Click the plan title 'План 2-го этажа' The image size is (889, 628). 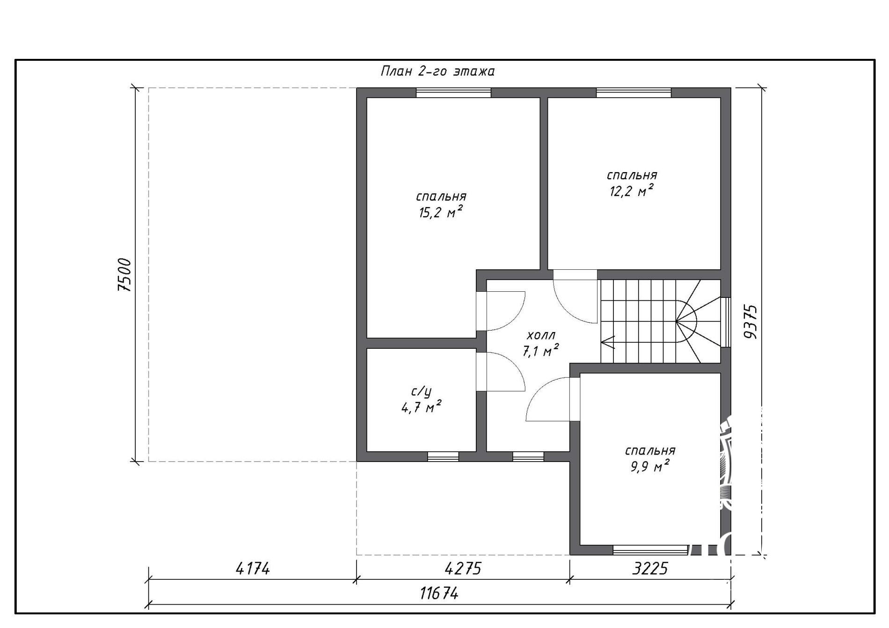[x=437, y=72]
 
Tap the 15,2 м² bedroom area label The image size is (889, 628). [x=441, y=213]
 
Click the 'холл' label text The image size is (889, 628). [x=541, y=335]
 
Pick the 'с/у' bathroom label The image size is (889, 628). [x=421, y=391]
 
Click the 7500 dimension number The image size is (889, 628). [x=124, y=275]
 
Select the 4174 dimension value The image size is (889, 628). [x=253, y=569]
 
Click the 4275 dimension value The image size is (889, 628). [x=463, y=569]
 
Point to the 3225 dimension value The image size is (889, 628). [x=650, y=569]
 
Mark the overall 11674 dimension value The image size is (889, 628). [x=439, y=593]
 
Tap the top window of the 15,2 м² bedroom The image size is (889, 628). [x=453, y=93]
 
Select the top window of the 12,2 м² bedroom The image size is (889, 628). [x=634, y=93]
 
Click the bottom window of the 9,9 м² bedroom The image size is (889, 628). [x=650, y=550]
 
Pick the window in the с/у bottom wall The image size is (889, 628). [x=443, y=456]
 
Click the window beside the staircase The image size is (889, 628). [x=725, y=322]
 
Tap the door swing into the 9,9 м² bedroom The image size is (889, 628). [x=553, y=399]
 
